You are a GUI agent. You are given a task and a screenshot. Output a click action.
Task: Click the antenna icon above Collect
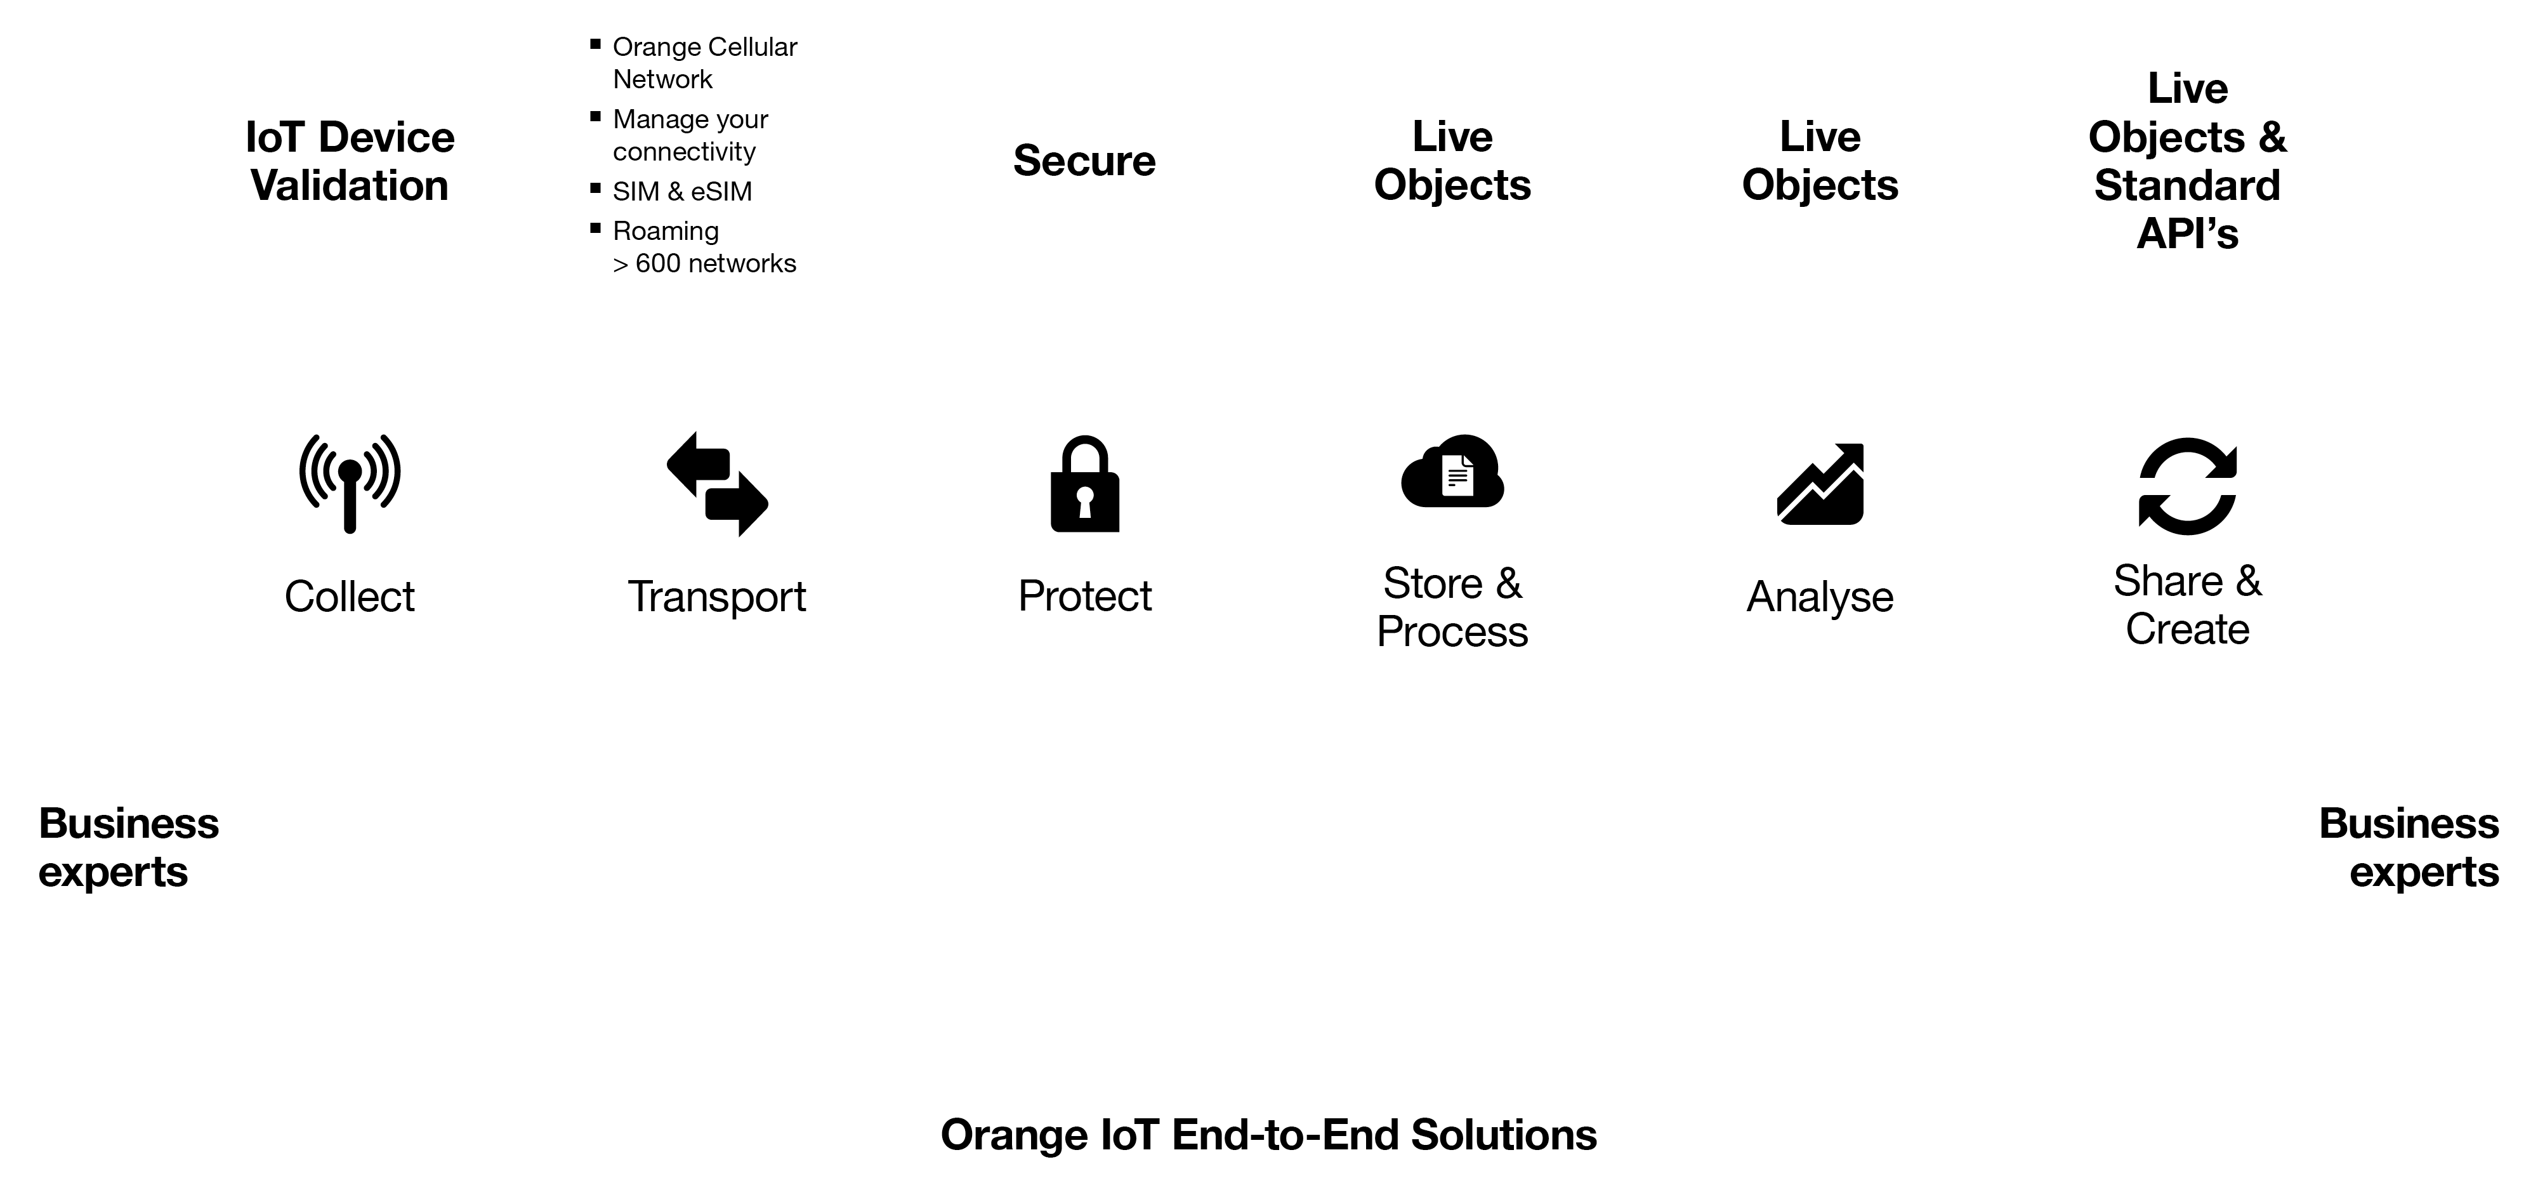point(350,483)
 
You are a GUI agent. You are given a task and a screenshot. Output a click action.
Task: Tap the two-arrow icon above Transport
point(717,484)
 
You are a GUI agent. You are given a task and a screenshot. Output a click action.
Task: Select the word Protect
point(1085,596)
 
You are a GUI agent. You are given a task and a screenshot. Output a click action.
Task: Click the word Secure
point(1085,161)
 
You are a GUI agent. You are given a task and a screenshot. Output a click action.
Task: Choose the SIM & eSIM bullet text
point(682,191)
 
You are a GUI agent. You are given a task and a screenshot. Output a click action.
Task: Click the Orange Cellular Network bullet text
point(704,63)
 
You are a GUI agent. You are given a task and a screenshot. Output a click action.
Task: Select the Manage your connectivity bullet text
point(690,135)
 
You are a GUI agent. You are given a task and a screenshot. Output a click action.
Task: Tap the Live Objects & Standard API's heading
point(2187,161)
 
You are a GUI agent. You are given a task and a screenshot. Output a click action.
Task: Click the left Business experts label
point(128,847)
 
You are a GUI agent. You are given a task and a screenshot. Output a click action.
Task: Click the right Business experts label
point(2409,847)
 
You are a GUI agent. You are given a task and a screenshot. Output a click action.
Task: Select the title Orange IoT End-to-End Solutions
point(1269,1135)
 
